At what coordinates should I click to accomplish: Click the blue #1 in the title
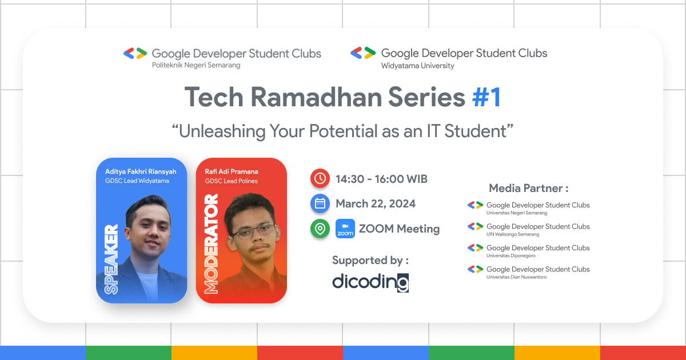pos(486,98)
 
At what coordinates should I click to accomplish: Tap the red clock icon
pos(320,179)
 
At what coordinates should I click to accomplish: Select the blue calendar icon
pos(320,204)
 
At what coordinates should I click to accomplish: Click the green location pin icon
pos(320,229)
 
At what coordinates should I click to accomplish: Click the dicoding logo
pos(370,282)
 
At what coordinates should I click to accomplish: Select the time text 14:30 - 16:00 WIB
pos(381,179)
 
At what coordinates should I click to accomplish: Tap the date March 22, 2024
pos(376,204)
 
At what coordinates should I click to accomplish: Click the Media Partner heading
pos(528,188)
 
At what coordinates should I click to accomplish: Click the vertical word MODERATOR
pos(212,244)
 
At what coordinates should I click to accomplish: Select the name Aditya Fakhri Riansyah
pos(141,171)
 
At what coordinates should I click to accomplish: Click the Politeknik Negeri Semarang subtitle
pos(196,65)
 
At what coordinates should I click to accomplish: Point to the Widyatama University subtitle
pos(417,66)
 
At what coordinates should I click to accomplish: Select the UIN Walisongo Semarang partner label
pos(513,234)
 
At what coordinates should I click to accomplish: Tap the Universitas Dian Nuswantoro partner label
pos(516,277)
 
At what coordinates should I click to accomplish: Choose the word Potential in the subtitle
pos(341,131)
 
